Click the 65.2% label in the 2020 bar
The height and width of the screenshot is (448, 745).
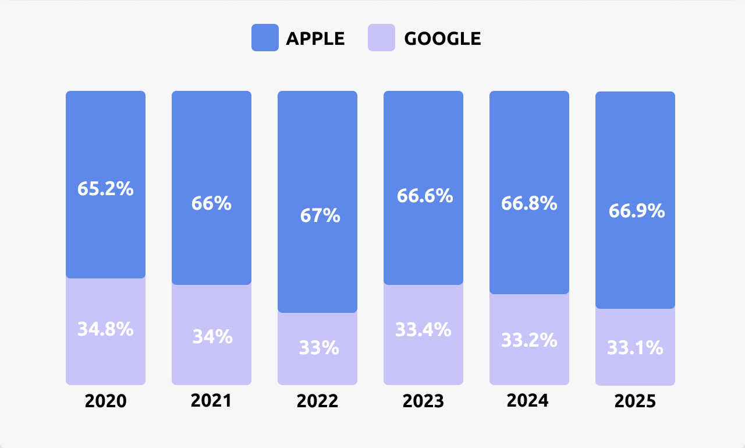coord(105,189)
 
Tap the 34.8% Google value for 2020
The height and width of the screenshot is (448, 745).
coord(105,329)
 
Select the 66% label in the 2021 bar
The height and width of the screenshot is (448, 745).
coord(211,203)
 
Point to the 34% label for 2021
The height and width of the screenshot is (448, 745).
coord(211,337)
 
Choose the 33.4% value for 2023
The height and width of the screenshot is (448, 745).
coord(423,330)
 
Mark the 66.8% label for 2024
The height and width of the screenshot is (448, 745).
coord(529,204)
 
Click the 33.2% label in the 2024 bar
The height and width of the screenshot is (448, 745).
coord(529,340)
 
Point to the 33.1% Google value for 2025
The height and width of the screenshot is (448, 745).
coord(635,348)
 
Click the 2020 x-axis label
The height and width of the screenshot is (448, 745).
coord(105,401)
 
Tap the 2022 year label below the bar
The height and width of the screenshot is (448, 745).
coord(317,401)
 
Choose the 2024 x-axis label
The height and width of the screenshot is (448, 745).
coord(527,401)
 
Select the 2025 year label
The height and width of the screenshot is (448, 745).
coord(635,401)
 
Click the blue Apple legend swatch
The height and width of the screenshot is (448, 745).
coord(265,38)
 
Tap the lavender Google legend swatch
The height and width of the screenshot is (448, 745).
coord(381,38)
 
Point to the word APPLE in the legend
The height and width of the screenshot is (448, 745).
coord(315,38)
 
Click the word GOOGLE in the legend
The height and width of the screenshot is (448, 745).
coord(442,38)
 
